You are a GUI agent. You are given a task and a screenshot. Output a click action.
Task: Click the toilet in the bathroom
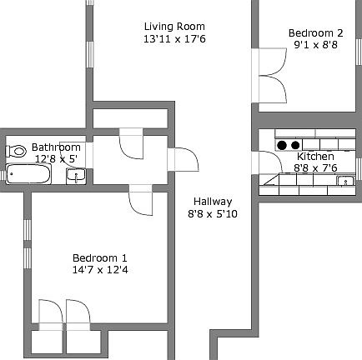pyautogui.click(x=16, y=151)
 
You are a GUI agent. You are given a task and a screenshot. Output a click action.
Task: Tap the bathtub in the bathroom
pyautogui.click(x=28, y=173)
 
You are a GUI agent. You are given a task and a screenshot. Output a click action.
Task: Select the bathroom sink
pyautogui.click(x=75, y=175)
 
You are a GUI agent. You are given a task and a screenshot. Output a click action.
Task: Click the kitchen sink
pyautogui.click(x=343, y=181)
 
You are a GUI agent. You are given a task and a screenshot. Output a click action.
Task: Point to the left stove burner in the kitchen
pyautogui.click(x=281, y=143)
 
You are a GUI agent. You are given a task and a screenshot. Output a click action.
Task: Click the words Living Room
pyautogui.click(x=173, y=27)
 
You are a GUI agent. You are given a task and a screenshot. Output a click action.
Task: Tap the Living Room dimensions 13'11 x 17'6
pyautogui.click(x=173, y=38)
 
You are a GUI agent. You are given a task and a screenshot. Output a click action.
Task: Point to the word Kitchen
pyautogui.click(x=315, y=156)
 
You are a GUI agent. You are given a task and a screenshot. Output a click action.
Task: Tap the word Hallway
pyautogui.click(x=213, y=202)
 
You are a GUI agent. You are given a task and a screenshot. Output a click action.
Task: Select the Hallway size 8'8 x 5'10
pyautogui.click(x=213, y=213)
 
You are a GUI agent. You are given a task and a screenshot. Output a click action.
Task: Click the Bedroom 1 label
pyautogui.click(x=100, y=257)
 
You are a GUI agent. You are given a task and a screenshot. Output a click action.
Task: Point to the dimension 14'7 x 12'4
pyautogui.click(x=100, y=269)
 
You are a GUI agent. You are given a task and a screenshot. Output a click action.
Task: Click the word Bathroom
pyautogui.click(x=56, y=147)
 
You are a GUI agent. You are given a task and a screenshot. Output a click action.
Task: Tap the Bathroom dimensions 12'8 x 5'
pyautogui.click(x=55, y=158)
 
